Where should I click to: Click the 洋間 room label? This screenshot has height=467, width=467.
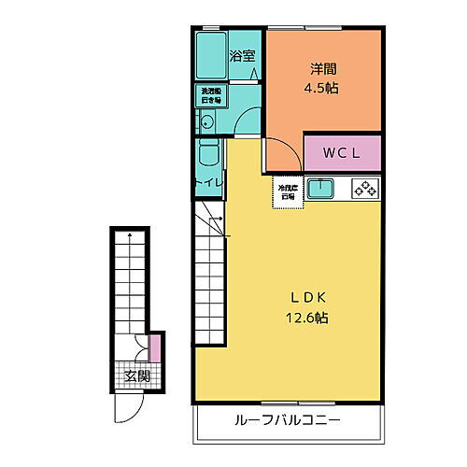click(x=324, y=68)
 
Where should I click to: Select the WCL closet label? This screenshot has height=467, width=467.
click(x=341, y=152)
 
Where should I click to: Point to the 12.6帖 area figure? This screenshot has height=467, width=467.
click(x=309, y=318)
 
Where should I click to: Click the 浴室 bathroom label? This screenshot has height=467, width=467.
click(x=242, y=56)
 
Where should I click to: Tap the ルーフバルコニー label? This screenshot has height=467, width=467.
click(x=288, y=420)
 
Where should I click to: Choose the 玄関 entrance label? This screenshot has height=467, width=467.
click(x=136, y=377)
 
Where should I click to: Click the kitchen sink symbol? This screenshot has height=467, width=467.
click(x=322, y=188)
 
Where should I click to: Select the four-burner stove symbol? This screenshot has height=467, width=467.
click(x=365, y=188)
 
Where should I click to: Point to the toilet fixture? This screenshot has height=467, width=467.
click(x=207, y=157)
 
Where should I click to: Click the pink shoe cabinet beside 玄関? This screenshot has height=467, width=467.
click(x=155, y=348)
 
